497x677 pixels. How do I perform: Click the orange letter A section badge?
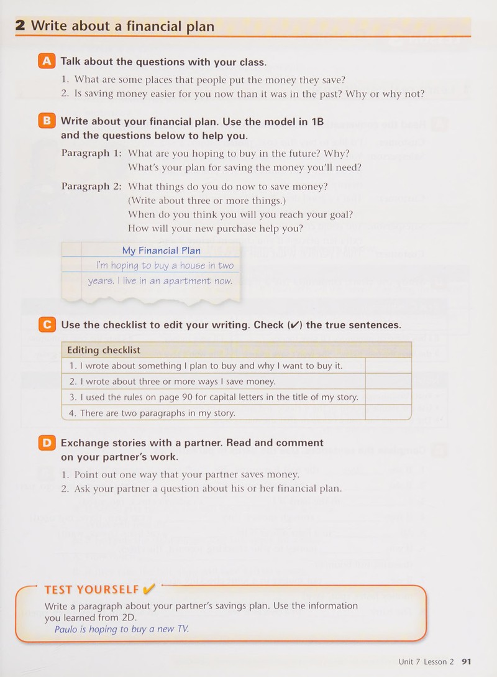coord(47,61)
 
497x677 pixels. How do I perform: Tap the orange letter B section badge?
coord(47,121)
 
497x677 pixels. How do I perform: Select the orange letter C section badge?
coord(47,325)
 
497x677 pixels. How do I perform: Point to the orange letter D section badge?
coord(47,442)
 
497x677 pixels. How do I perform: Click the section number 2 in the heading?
coord(21,25)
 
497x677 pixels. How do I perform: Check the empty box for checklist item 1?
coord(388,366)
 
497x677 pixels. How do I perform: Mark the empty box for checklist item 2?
coord(388,381)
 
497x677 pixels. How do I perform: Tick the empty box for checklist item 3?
coord(388,397)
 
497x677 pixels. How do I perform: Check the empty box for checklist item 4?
coord(388,412)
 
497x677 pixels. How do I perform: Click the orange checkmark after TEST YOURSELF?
coord(148,589)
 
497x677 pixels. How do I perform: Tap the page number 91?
coord(467,661)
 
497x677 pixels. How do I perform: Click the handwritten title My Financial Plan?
coord(162,251)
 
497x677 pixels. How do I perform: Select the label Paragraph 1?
coord(91,153)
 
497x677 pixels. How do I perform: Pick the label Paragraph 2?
coord(91,186)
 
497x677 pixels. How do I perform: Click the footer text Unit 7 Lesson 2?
coord(426,661)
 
